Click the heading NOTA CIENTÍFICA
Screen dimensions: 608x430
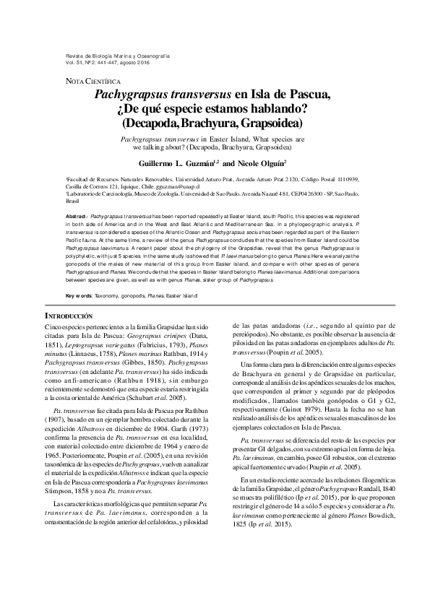88,81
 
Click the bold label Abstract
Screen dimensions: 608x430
76,217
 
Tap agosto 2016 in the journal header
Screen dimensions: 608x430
145,63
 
